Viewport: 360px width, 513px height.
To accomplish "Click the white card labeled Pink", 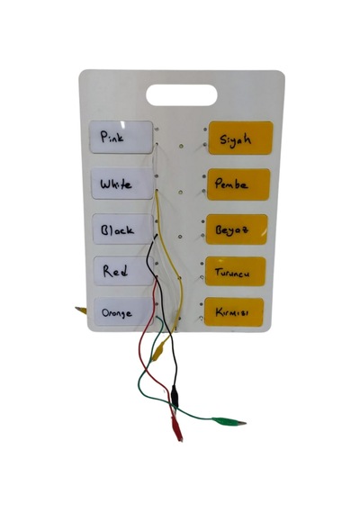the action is click(x=121, y=137).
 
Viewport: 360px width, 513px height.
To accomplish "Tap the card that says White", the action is click(x=122, y=184).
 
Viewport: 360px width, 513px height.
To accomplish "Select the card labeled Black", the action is click(x=123, y=229).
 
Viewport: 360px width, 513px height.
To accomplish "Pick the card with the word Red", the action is click(x=123, y=271).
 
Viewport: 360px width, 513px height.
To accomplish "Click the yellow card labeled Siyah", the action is click(x=240, y=138).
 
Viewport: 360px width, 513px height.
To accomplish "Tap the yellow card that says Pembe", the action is click(x=238, y=184).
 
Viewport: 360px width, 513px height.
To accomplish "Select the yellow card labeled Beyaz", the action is click(x=237, y=229).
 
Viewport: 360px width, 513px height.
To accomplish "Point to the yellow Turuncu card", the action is click(x=235, y=271).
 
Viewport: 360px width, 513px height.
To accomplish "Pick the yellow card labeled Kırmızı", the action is click(x=234, y=311).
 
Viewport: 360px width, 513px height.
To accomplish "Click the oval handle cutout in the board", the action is click(x=182, y=95).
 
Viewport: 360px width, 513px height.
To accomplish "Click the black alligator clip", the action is click(x=175, y=396).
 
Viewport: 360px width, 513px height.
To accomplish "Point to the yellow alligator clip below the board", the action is click(x=158, y=351).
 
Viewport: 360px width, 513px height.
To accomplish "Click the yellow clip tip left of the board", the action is click(x=80, y=310).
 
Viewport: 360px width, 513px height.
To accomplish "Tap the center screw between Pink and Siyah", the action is click(x=181, y=146).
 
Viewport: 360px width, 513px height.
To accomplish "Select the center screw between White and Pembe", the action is click(x=180, y=192).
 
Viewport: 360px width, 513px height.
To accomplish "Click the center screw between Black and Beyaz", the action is click(x=180, y=236).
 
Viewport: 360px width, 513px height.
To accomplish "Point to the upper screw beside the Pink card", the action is click(x=157, y=130).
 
